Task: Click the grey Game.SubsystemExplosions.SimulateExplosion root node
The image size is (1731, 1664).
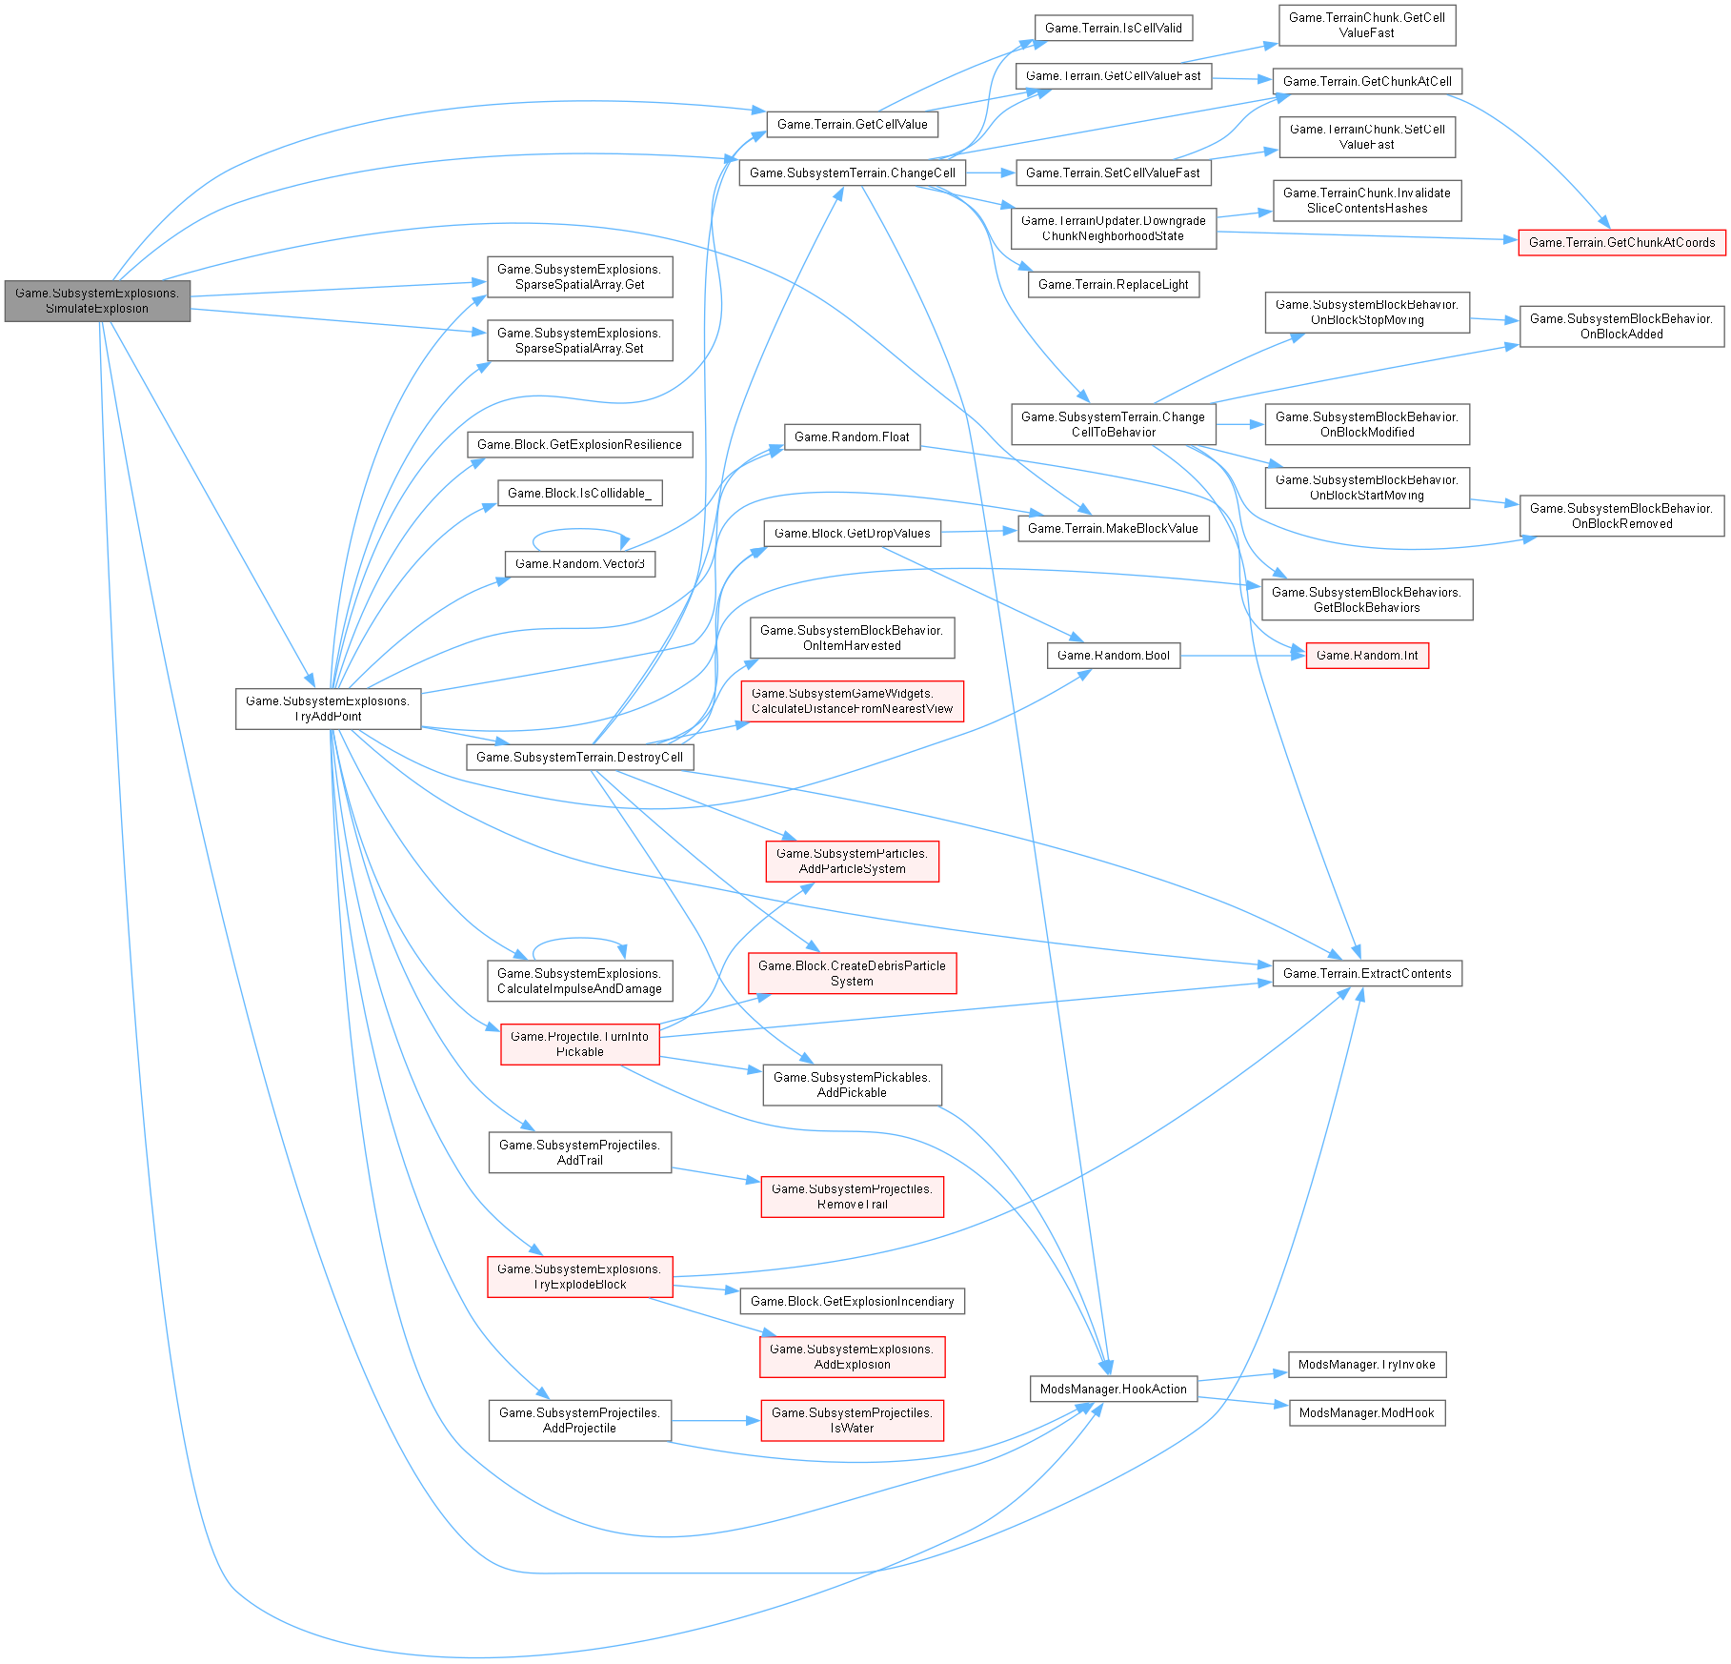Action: pos(97,300)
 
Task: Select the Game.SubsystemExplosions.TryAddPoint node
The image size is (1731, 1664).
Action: pos(328,708)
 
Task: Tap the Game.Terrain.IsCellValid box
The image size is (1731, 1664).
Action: pos(1113,28)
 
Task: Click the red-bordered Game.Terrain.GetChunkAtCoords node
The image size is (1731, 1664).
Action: pos(1621,242)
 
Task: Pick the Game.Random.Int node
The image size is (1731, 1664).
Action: pos(1366,656)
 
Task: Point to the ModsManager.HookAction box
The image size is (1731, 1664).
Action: pos(1113,1389)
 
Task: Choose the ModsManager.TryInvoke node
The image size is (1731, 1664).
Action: pos(1366,1364)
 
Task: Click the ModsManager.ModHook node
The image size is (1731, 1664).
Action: pos(1366,1412)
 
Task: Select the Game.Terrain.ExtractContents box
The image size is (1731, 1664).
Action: pos(1366,973)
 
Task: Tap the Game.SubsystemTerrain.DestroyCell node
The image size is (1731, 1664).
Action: pos(579,757)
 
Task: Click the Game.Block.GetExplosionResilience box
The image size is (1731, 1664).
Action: pos(579,444)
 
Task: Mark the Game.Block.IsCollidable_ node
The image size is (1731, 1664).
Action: pos(579,493)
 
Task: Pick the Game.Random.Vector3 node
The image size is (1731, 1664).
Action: pos(579,563)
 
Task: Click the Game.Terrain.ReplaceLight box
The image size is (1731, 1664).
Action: pos(1113,284)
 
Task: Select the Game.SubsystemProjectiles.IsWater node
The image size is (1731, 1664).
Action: pos(852,1420)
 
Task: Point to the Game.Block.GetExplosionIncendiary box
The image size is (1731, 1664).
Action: pos(852,1301)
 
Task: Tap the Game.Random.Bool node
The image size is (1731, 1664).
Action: pos(1113,655)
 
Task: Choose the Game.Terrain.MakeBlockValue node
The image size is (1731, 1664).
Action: pos(1113,528)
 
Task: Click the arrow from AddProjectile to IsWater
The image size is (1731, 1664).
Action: pos(715,1420)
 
